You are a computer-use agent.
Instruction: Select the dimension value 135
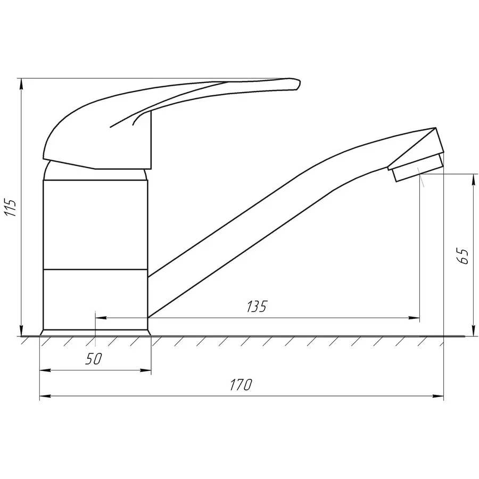pyautogui.click(x=256, y=307)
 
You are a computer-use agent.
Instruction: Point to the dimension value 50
pyautogui.click(x=93, y=359)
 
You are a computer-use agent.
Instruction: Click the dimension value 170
pyautogui.click(x=241, y=384)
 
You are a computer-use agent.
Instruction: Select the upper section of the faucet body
pyautogui.click(x=95, y=224)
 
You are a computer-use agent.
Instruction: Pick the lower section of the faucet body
pyautogui.click(x=95, y=298)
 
